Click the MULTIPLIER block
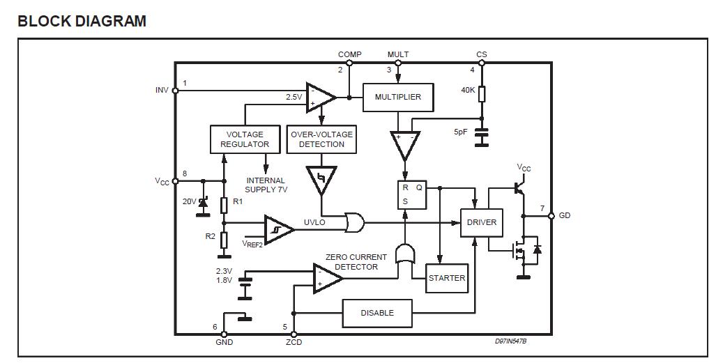[x=398, y=98]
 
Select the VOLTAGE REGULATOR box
[x=245, y=139]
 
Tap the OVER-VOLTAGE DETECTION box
[x=321, y=139]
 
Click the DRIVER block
[x=481, y=222]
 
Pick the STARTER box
[x=447, y=278]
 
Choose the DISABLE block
[x=377, y=313]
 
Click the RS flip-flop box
[x=412, y=194]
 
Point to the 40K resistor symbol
[x=481, y=94]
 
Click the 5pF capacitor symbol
[x=481, y=137]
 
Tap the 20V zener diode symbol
[x=204, y=202]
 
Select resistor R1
[x=224, y=205]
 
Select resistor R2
[x=224, y=240]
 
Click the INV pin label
[x=162, y=90]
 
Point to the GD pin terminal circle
[x=551, y=215]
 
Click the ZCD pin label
[x=294, y=342]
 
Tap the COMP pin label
[x=349, y=54]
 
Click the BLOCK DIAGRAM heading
[x=82, y=21]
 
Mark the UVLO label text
[x=314, y=222]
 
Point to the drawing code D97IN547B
[x=511, y=341]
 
